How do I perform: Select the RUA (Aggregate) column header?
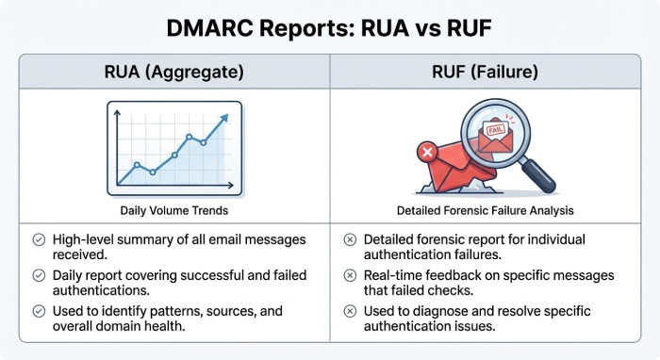coord(174,71)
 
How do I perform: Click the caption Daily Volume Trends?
coord(174,210)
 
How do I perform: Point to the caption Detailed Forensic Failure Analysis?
coord(486,210)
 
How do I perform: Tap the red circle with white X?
coord(427,151)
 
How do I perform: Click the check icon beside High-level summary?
coord(39,240)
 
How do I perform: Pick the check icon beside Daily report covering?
coord(39,275)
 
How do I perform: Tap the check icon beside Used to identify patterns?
coord(39,310)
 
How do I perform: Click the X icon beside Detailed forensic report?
coord(351,240)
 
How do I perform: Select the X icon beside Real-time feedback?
coord(351,275)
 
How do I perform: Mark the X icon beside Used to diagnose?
coord(351,310)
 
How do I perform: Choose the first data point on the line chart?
coord(137,166)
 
